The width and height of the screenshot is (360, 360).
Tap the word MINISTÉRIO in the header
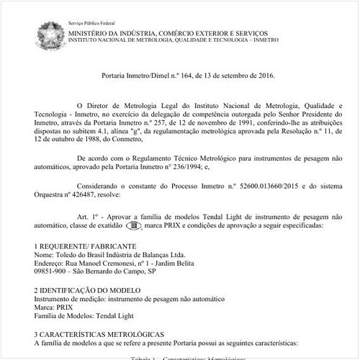95,33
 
